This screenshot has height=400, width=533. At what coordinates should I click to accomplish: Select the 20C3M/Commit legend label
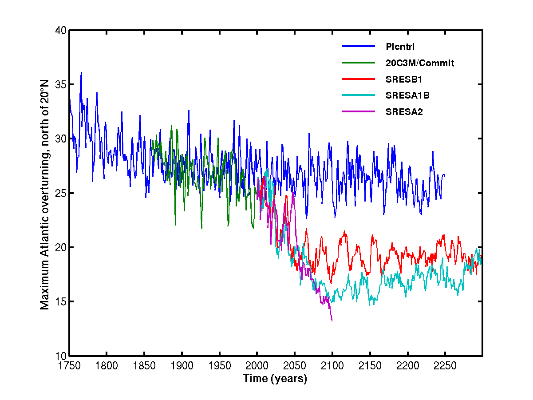[x=420, y=63]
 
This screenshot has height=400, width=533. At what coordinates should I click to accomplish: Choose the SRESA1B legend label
[x=407, y=95]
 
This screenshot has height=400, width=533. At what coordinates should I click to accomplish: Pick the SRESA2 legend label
[x=404, y=112]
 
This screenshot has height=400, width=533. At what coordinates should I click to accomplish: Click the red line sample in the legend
[x=358, y=79]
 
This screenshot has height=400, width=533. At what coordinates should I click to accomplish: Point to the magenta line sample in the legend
[x=358, y=111]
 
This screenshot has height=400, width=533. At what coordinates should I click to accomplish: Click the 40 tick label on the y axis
[x=60, y=31]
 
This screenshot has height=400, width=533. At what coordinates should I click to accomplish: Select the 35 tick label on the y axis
[x=60, y=85]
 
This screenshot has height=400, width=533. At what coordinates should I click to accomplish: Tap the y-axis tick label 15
[x=60, y=302]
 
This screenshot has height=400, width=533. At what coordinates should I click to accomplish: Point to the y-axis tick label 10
[x=60, y=356]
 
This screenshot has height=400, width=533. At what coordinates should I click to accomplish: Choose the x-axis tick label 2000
[x=257, y=365]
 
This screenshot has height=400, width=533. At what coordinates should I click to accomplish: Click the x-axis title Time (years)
[x=275, y=379]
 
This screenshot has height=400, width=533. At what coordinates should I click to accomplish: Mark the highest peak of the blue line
[x=81, y=72]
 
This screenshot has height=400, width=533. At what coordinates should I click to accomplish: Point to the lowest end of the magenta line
[x=332, y=321]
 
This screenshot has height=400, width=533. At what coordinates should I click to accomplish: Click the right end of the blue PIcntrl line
[x=445, y=176]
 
